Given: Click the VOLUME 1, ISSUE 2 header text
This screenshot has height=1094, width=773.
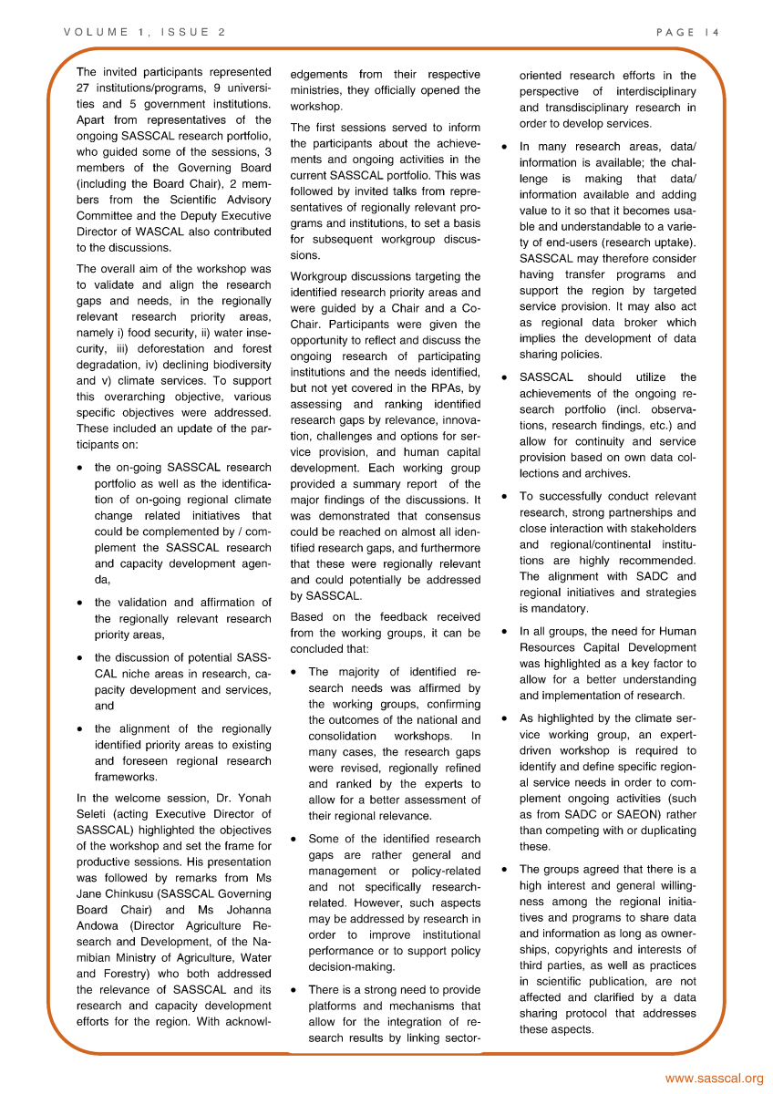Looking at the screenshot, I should point(144,32).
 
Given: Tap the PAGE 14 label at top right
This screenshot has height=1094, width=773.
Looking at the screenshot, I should point(688,32).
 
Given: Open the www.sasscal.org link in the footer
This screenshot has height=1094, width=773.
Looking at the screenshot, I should point(714,1079).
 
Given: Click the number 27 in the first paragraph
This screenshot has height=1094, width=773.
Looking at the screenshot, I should point(84,88).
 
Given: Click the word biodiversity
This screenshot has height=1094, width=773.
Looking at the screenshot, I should point(240,364).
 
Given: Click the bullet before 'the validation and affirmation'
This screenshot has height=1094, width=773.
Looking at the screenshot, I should point(82,604).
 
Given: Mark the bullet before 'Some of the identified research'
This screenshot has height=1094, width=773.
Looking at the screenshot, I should point(295,840).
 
